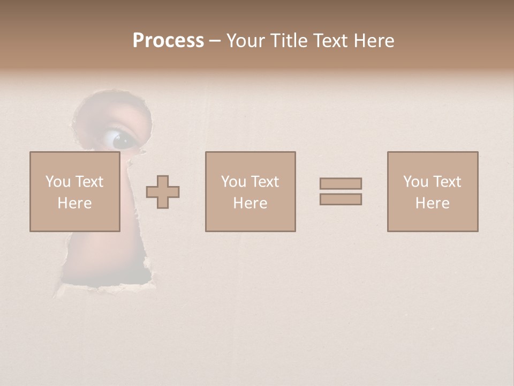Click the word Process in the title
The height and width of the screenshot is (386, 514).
168,41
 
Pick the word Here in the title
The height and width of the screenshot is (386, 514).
376,41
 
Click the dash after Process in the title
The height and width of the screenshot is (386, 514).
215,41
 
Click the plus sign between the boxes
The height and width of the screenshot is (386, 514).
163,192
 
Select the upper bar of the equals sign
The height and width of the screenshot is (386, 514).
341,183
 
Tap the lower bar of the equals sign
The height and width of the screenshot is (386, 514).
341,199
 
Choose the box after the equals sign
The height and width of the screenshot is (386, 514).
433,192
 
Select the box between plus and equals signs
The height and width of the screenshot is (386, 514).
250,192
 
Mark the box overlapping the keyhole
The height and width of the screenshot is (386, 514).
74,192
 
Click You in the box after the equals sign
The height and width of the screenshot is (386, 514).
415,182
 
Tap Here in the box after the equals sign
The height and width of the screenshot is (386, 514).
433,203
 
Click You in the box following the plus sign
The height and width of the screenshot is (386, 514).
233,182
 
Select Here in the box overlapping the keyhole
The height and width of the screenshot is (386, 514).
74,203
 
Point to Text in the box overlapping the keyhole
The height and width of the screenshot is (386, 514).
89,182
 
